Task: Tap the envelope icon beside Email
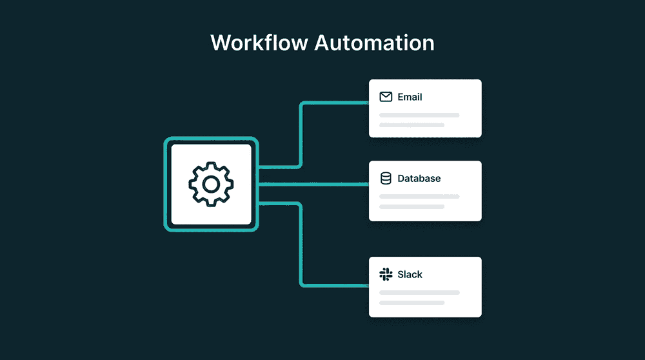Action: (x=386, y=97)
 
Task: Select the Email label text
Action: (x=410, y=97)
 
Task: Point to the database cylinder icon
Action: (x=386, y=178)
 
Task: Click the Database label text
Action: (x=419, y=178)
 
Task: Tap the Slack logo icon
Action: (x=386, y=274)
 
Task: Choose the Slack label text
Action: (x=410, y=274)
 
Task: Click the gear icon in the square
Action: (x=211, y=185)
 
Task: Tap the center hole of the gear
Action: (x=211, y=185)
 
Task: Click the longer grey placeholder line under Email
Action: (x=419, y=115)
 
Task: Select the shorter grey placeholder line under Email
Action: (x=412, y=125)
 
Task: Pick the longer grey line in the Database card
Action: (x=419, y=196)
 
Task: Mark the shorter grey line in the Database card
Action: (x=412, y=206)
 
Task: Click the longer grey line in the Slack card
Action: (x=419, y=292)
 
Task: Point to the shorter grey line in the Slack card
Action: (x=412, y=302)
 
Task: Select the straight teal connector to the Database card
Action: (x=313, y=185)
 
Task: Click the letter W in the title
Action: (x=221, y=43)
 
